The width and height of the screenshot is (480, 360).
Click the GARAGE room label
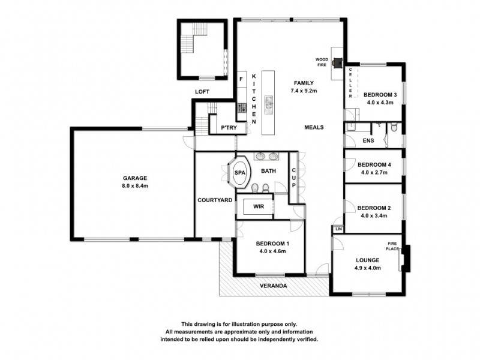136,178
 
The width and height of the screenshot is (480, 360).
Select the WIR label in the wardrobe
259,206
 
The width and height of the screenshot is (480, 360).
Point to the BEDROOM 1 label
272,244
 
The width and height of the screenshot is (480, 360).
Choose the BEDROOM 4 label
374,164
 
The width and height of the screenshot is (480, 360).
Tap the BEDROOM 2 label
374,208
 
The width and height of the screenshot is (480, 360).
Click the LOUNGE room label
367,260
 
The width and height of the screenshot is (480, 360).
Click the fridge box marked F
241,79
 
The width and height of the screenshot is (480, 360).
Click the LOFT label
202,92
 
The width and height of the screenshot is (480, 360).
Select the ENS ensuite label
368,141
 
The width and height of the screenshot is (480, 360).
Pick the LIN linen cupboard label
338,229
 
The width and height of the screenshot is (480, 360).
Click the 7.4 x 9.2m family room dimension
303,91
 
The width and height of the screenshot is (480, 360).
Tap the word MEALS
314,127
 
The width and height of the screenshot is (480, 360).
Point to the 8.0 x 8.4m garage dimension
136,186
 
